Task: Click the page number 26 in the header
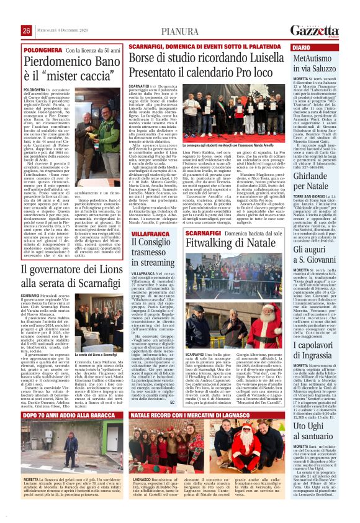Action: tap(27, 30)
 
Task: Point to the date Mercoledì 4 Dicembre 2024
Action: tap(65, 30)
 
